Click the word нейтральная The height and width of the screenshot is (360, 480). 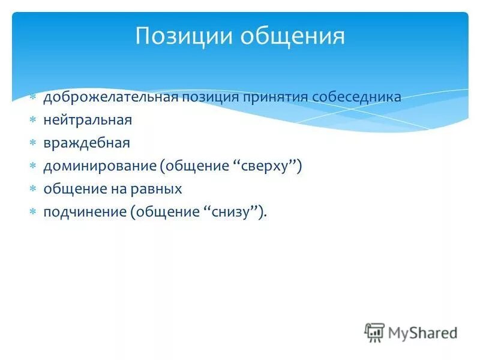pyautogui.click(x=87, y=120)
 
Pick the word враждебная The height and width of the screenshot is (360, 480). pyautogui.click(x=86, y=143)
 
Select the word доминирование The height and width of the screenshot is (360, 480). pyautogui.click(x=98, y=166)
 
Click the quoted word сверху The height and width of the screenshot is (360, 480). pyautogui.click(x=266, y=166)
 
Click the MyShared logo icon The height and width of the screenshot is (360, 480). pyautogui.click(x=374, y=332)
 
